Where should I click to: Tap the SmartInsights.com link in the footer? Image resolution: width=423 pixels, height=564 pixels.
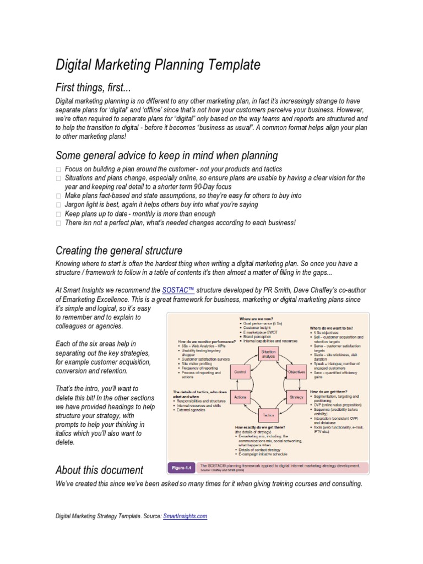coord(185,516)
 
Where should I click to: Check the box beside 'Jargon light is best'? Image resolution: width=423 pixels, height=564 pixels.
coord(59,205)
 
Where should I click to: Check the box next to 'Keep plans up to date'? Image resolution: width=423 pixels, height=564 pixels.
coord(59,214)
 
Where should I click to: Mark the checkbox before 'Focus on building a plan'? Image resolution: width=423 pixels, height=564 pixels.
coord(59,169)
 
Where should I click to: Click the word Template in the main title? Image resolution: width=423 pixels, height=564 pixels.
coord(231,65)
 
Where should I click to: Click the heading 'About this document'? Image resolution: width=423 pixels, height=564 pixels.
coord(99,470)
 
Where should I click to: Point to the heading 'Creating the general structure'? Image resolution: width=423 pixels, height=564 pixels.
coord(119,251)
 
